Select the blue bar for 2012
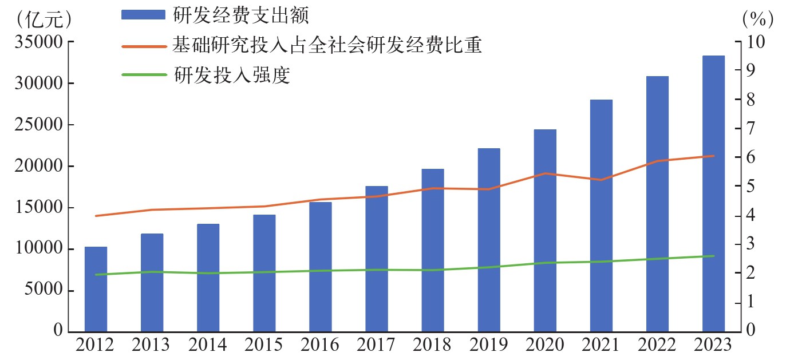click(x=96, y=289)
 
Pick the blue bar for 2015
click(x=264, y=273)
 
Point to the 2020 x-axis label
click(x=544, y=345)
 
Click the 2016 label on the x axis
click(x=320, y=345)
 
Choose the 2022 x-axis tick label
click(x=657, y=345)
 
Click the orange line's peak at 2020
click(x=544, y=173)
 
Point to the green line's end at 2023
click(x=713, y=256)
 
